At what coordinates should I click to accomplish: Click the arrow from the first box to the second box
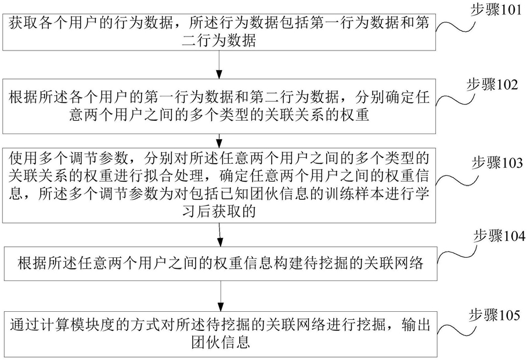tap(219, 63)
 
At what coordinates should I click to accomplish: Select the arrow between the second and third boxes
tap(219, 139)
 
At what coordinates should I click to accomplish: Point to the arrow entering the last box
tap(220, 296)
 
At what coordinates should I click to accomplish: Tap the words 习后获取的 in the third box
tap(219, 213)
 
